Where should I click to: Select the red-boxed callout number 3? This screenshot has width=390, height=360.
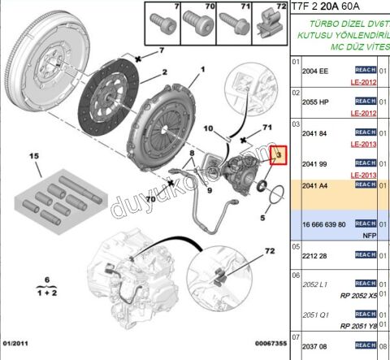279,154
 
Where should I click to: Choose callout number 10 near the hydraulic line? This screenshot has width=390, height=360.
208,128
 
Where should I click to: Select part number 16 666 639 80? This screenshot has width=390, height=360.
323,223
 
